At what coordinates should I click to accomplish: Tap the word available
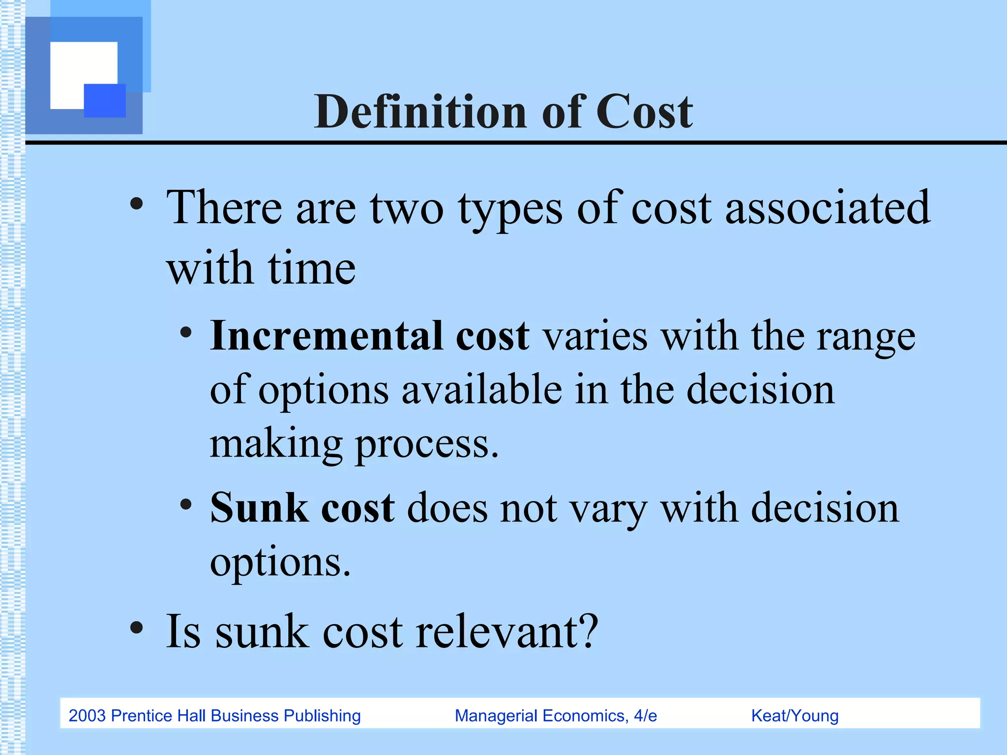coord(481,389)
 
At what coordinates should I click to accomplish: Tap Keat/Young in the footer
coord(795,716)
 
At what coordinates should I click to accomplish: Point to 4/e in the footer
coord(645,716)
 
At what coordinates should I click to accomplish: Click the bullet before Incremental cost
coord(186,333)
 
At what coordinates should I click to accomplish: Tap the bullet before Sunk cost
coord(186,504)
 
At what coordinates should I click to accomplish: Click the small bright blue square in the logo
coord(105,100)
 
